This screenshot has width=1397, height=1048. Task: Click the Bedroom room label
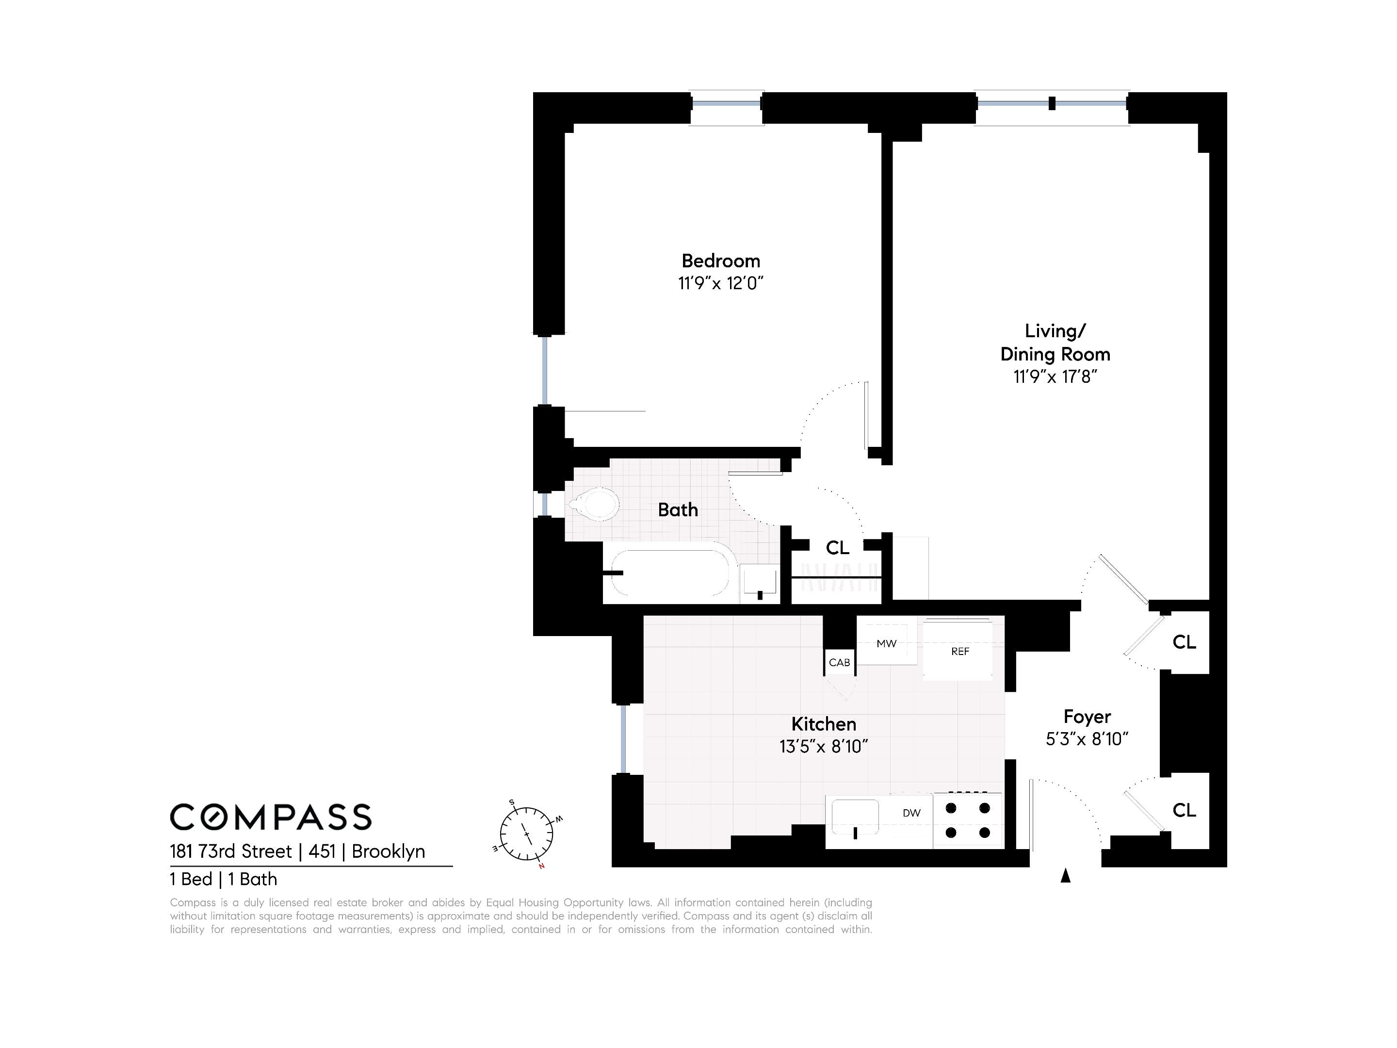[x=721, y=261]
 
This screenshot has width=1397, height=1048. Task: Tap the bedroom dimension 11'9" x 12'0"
[x=721, y=283]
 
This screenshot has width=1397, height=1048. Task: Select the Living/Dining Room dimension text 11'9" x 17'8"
[x=1056, y=377]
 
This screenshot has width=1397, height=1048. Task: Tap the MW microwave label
[x=887, y=644]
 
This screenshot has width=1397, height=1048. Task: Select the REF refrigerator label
[x=960, y=651]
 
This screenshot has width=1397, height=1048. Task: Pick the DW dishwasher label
[x=911, y=813]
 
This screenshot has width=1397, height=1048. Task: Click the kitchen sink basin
[x=855, y=818]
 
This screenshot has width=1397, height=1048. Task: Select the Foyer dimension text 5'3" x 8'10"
[x=1087, y=739]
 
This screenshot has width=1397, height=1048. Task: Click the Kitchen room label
[x=824, y=724]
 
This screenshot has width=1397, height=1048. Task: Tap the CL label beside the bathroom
[x=837, y=547]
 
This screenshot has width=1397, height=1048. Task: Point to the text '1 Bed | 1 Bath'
[x=224, y=879]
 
